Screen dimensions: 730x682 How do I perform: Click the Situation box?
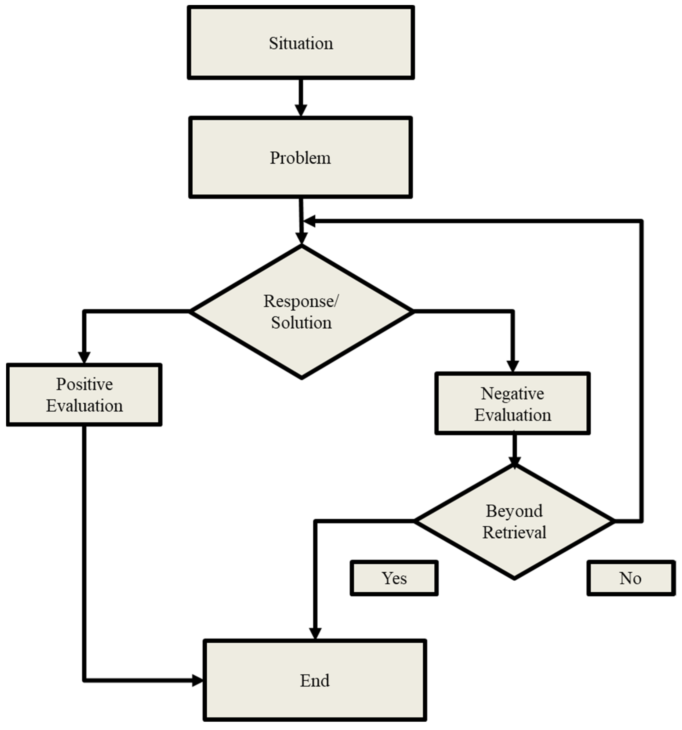point(301,42)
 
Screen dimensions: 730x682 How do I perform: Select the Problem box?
point(300,157)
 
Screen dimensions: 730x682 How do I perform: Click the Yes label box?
point(394,578)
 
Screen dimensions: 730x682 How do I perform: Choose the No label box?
point(631,578)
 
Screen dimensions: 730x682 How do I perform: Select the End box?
point(314,680)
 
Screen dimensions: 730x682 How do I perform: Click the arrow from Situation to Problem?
point(301,97)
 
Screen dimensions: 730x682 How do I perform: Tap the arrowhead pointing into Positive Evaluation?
point(84,357)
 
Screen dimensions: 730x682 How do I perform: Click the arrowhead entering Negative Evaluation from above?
point(512,366)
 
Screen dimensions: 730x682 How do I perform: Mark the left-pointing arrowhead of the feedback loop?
point(310,221)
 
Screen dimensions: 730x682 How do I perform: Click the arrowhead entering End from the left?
point(197,680)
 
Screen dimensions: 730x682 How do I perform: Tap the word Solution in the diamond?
point(301,322)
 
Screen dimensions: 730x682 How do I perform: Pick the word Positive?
point(84,384)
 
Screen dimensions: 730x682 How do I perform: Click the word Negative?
point(512,393)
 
